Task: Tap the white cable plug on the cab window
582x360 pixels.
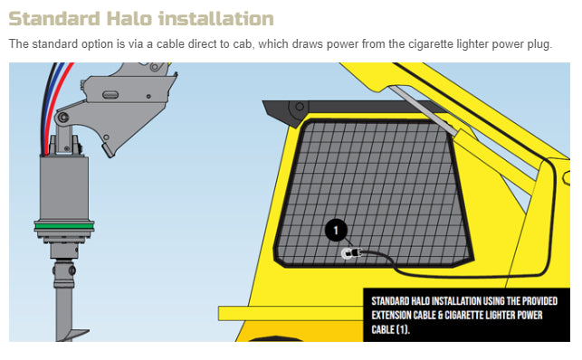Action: pyautogui.click(x=348, y=254)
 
